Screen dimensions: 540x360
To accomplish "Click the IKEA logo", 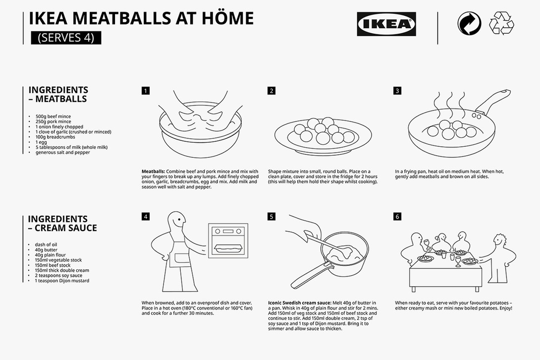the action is point(386,24).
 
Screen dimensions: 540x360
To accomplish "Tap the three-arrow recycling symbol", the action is point(501,23).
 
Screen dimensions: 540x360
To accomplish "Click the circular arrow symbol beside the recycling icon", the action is point(469,23).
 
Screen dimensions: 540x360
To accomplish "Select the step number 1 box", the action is point(146,91).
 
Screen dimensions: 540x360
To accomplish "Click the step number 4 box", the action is point(146,217).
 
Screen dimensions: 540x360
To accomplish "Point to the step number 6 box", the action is point(397,217).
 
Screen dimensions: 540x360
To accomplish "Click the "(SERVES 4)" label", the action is point(66,38).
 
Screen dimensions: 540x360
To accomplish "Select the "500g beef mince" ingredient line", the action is point(53,116).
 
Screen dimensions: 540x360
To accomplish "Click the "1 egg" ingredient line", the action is point(41,142).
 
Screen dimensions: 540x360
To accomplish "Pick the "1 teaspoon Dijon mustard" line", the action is point(61,281).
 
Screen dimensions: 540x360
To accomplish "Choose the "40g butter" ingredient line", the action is point(46,249).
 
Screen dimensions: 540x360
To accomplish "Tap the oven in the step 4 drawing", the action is point(228,240).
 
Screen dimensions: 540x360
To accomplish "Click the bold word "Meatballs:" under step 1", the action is point(153,172).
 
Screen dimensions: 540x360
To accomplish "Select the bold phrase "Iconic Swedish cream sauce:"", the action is point(300,303).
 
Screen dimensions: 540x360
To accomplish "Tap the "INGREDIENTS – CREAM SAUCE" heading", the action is point(62,224).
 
